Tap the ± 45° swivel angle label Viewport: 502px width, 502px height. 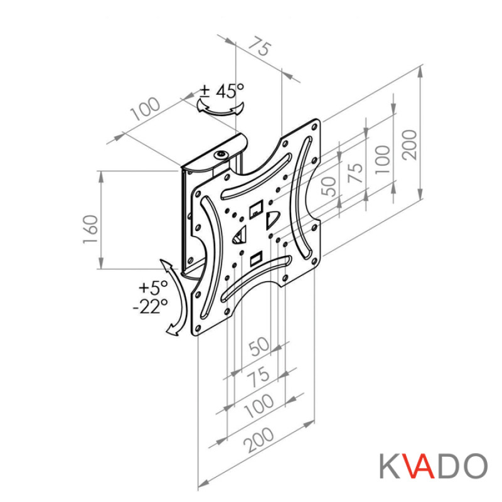coord(222,91)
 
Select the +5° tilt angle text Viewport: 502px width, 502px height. coord(154,289)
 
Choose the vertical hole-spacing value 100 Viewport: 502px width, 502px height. coord(383,159)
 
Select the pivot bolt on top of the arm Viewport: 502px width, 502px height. coord(220,155)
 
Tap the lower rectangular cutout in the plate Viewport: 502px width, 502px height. coord(255,258)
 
